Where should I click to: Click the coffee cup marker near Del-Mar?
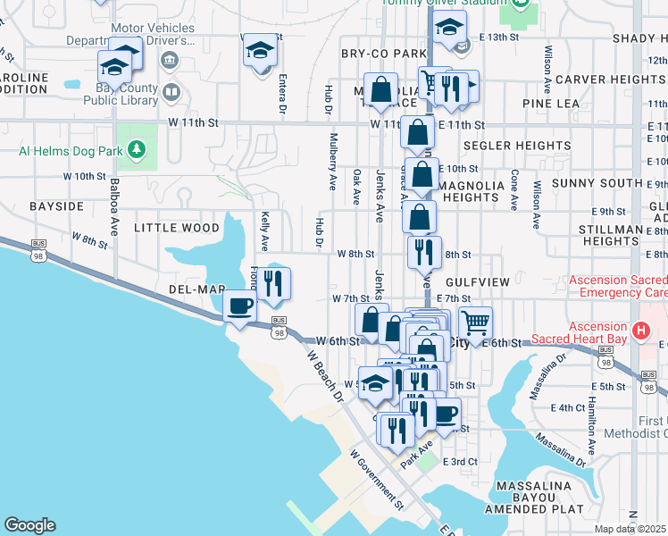(x=239, y=307)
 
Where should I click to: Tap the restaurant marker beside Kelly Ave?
(x=274, y=283)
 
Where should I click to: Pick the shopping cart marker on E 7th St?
(x=476, y=322)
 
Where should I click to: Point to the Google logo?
(x=29, y=525)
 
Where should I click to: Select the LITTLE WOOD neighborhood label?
(x=177, y=228)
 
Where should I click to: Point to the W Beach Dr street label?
(x=325, y=375)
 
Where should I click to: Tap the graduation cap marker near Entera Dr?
(x=260, y=51)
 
